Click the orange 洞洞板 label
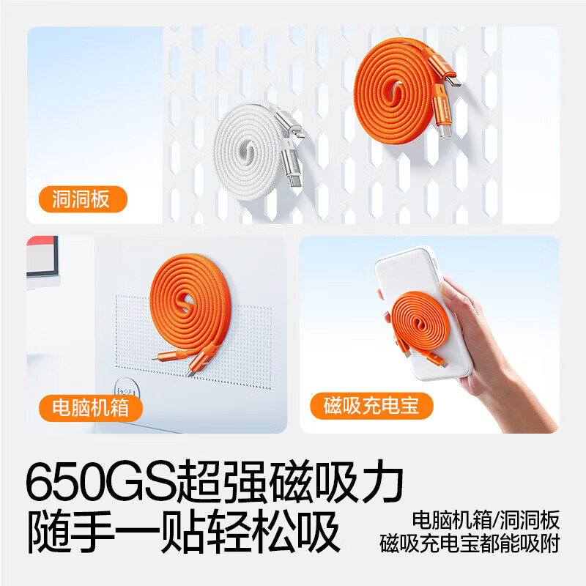[x=83, y=199]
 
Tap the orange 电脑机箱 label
[x=90, y=408]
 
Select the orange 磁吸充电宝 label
[x=371, y=406]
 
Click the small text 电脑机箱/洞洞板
[x=486, y=520]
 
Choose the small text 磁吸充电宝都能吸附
[x=470, y=544]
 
